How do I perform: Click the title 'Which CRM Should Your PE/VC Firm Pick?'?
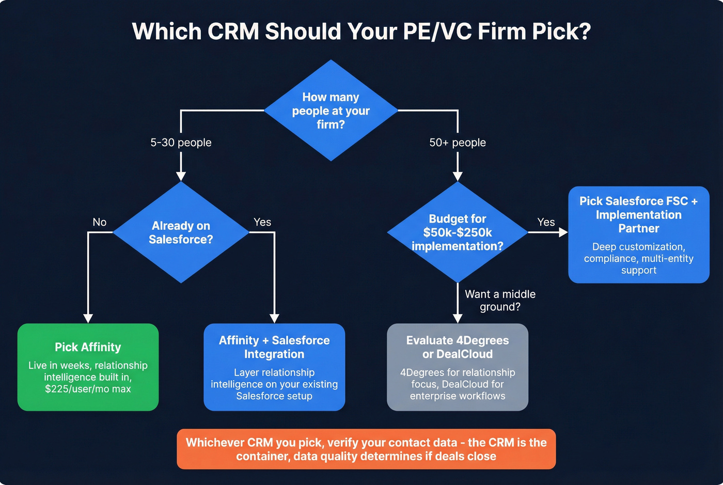coord(361,32)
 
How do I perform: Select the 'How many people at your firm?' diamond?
coord(331,111)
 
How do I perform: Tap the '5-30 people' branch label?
coord(181,143)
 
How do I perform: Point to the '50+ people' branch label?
coord(458,143)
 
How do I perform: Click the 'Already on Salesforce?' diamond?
coord(181,232)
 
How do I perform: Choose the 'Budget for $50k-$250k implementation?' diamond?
coord(458,232)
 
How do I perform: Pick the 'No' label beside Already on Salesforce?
coord(100,222)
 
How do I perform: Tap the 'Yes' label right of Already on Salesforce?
coord(262,222)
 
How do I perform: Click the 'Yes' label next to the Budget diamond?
coord(546,222)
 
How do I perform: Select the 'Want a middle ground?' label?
coord(500,301)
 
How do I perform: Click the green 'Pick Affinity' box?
coord(88,367)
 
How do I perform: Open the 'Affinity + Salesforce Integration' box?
coord(274,367)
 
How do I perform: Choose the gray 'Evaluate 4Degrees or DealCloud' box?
coord(458,367)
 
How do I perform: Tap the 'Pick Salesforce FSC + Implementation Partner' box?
coord(639,234)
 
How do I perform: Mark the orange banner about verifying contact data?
coord(366,449)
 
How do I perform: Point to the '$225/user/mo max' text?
coord(88,389)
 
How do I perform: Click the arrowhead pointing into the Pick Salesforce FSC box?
coord(563,232)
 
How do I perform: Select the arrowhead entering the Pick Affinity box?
coord(88,318)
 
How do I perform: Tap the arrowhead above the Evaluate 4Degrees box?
coord(458,318)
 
